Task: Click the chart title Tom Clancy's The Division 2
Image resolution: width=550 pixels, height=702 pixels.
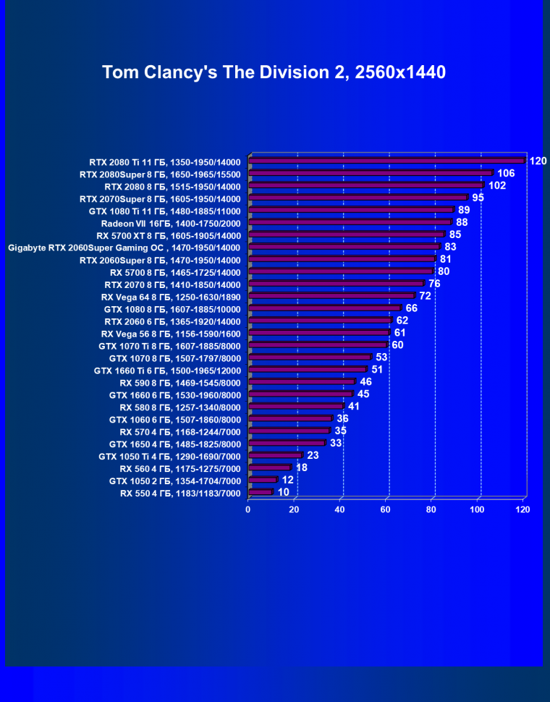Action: [274, 72]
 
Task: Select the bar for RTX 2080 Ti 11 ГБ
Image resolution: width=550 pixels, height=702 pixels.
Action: [386, 161]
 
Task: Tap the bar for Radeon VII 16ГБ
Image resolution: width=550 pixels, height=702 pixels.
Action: [350, 222]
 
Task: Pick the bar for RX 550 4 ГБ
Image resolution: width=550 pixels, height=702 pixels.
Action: [261, 492]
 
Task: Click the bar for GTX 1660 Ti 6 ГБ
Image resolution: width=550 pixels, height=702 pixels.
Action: [308, 370]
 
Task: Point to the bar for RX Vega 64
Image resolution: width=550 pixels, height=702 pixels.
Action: [331, 296]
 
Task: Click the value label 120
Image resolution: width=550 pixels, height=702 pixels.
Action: [538, 161]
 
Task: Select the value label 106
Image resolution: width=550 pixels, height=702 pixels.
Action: [506, 173]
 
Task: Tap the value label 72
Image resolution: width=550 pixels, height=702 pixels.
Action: [426, 296]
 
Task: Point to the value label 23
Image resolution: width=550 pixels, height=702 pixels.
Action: [313, 455]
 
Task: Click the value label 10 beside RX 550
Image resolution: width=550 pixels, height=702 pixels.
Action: [283, 492]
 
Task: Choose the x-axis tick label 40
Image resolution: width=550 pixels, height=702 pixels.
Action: [339, 509]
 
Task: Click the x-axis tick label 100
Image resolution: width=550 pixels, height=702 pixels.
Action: [477, 509]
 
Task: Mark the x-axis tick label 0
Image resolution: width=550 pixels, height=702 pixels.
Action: [248, 509]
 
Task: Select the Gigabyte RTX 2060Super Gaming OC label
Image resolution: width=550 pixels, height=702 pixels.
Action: [124, 247]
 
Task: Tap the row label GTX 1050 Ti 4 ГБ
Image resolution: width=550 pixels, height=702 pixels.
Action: [169, 456]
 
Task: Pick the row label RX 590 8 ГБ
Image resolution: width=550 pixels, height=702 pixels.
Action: [179, 382]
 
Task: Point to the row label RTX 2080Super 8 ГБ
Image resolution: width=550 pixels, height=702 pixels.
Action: [159, 174]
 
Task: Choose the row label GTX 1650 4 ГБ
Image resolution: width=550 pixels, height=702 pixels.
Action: [174, 444]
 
